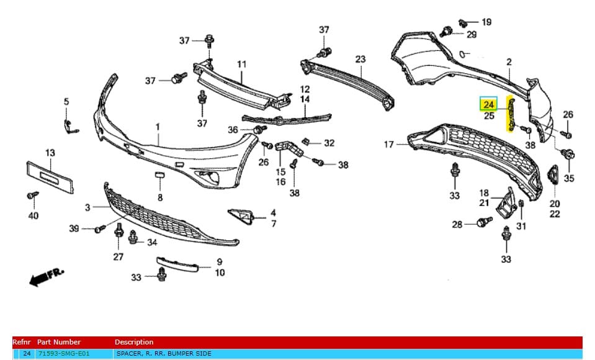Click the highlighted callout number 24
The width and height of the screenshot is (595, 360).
click(489, 104)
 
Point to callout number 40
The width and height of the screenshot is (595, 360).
click(33, 215)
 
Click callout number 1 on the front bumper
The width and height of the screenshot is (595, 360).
click(158, 127)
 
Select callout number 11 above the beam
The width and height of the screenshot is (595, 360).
click(241, 64)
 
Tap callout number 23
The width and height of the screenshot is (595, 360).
click(360, 60)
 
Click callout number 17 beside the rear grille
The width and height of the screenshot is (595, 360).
click(389, 145)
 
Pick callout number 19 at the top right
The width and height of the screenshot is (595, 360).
click(486, 22)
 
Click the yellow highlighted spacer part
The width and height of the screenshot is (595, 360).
click(512, 115)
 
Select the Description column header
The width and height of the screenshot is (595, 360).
click(133, 342)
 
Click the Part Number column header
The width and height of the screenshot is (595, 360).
click(59, 342)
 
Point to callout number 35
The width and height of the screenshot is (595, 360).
click(569, 179)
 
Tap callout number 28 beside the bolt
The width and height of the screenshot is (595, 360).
click(457, 224)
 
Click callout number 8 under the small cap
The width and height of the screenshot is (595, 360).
click(159, 198)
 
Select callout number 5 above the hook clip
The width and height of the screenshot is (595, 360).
click(66, 102)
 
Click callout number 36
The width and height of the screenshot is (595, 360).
click(233, 130)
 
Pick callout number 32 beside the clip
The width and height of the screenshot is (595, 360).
click(329, 143)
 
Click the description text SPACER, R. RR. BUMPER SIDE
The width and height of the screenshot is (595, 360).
click(164, 354)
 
